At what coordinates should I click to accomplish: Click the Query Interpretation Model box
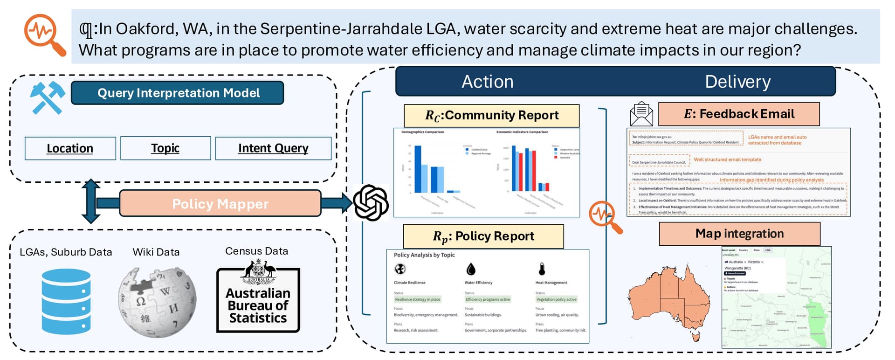pos(177,93)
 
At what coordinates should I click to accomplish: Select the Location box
pos(70,148)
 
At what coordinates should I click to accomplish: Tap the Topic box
pos(165,148)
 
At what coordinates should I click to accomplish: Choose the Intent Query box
pos(273,148)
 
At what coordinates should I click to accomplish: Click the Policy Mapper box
pos(220,203)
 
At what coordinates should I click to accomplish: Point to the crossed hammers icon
pos(47,97)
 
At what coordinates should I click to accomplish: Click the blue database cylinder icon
pos(66,301)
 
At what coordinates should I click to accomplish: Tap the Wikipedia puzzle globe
pos(157,302)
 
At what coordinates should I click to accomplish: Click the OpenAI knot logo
pos(371,203)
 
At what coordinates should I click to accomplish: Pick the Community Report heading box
pos(491,116)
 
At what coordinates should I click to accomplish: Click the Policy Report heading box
pos(483,236)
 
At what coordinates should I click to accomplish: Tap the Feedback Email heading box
pos(739,114)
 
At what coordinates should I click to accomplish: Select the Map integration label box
pos(739,234)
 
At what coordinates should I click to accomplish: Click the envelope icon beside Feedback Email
pos(641,114)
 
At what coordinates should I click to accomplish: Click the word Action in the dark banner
pos(487,82)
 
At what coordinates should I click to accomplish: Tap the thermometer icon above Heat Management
pos(542,269)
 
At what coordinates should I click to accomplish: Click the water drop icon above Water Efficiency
pos(471,269)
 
